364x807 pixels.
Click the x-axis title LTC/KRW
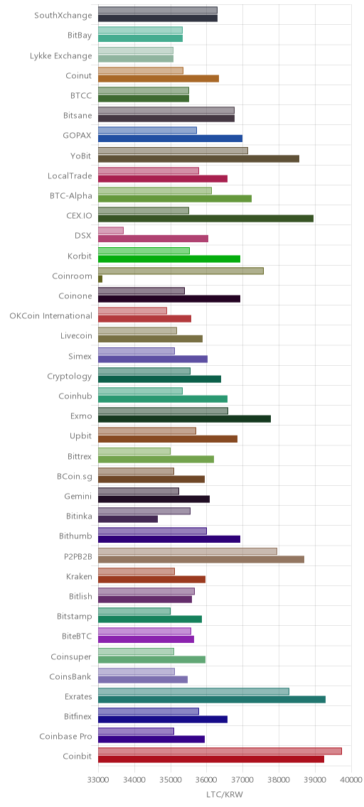[224, 795]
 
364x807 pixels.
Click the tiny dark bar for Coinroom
[100, 279]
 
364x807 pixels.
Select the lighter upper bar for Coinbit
[220, 751]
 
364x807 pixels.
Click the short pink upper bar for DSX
[111, 231]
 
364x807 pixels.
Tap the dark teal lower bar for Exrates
[212, 699]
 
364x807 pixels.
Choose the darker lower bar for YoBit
[198, 158]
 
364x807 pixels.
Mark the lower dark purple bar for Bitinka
[128, 519]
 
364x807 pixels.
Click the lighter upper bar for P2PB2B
[188, 551]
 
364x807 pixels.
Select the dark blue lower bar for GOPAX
[170, 139]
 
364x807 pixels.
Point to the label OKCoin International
[51, 315]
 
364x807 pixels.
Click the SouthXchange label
[63, 15]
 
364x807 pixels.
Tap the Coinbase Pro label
[66, 737]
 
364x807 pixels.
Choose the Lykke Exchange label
[61, 55]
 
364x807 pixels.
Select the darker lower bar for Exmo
[184, 419]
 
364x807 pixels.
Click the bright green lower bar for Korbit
[169, 259]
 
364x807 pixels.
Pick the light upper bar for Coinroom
[181, 271]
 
